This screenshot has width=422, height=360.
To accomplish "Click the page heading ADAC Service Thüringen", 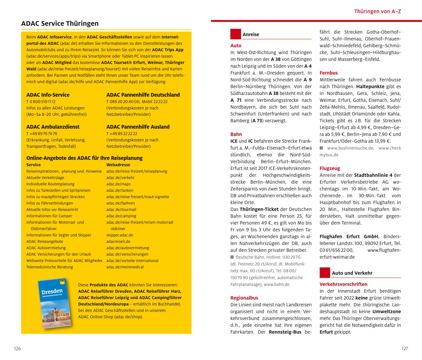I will pyautogui.click(x=60, y=24).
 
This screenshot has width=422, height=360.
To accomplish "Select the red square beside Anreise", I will pyautogui.click(x=235, y=34).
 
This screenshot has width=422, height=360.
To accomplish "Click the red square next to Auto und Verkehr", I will pyautogui.click(x=325, y=273).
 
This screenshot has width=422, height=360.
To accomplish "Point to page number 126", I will pyautogui.click(x=17, y=349).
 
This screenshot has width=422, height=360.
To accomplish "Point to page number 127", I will pyautogui.click(x=404, y=349).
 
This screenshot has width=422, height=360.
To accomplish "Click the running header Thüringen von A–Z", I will pyautogui.click(x=377, y=12).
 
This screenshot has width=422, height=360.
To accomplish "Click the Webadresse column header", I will pyautogui.click(x=118, y=165).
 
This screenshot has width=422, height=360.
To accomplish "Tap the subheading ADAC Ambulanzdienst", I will pyautogui.click(x=53, y=127).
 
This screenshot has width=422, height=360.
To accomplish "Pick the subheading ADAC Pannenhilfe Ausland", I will pyautogui.click(x=138, y=127).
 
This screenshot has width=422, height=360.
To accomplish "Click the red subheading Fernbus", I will pyautogui.click(x=328, y=73).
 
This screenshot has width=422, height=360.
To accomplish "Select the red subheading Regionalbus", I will pyautogui.click(x=244, y=298).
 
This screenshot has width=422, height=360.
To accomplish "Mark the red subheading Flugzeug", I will pyautogui.click(x=330, y=168).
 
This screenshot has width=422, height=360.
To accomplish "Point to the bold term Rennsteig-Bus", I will pyautogui.click(x=285, y=332).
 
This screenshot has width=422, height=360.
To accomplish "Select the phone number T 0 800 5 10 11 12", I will pyautogui.click(x=41, y=101).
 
